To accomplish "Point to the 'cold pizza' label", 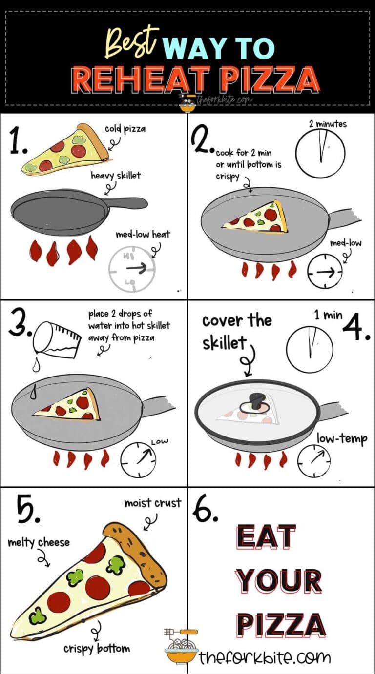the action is click(125, 129).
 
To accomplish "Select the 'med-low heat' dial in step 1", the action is click(132, 269).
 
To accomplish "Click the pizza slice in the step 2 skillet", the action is click(255, 218).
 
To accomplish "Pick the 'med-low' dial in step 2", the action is click(325, 272).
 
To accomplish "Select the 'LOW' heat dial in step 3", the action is click(139, 459).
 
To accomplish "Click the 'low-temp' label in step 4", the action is click(342, 439).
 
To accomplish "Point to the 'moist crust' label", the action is click(153, 503).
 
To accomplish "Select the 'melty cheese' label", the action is click(39, 542).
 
